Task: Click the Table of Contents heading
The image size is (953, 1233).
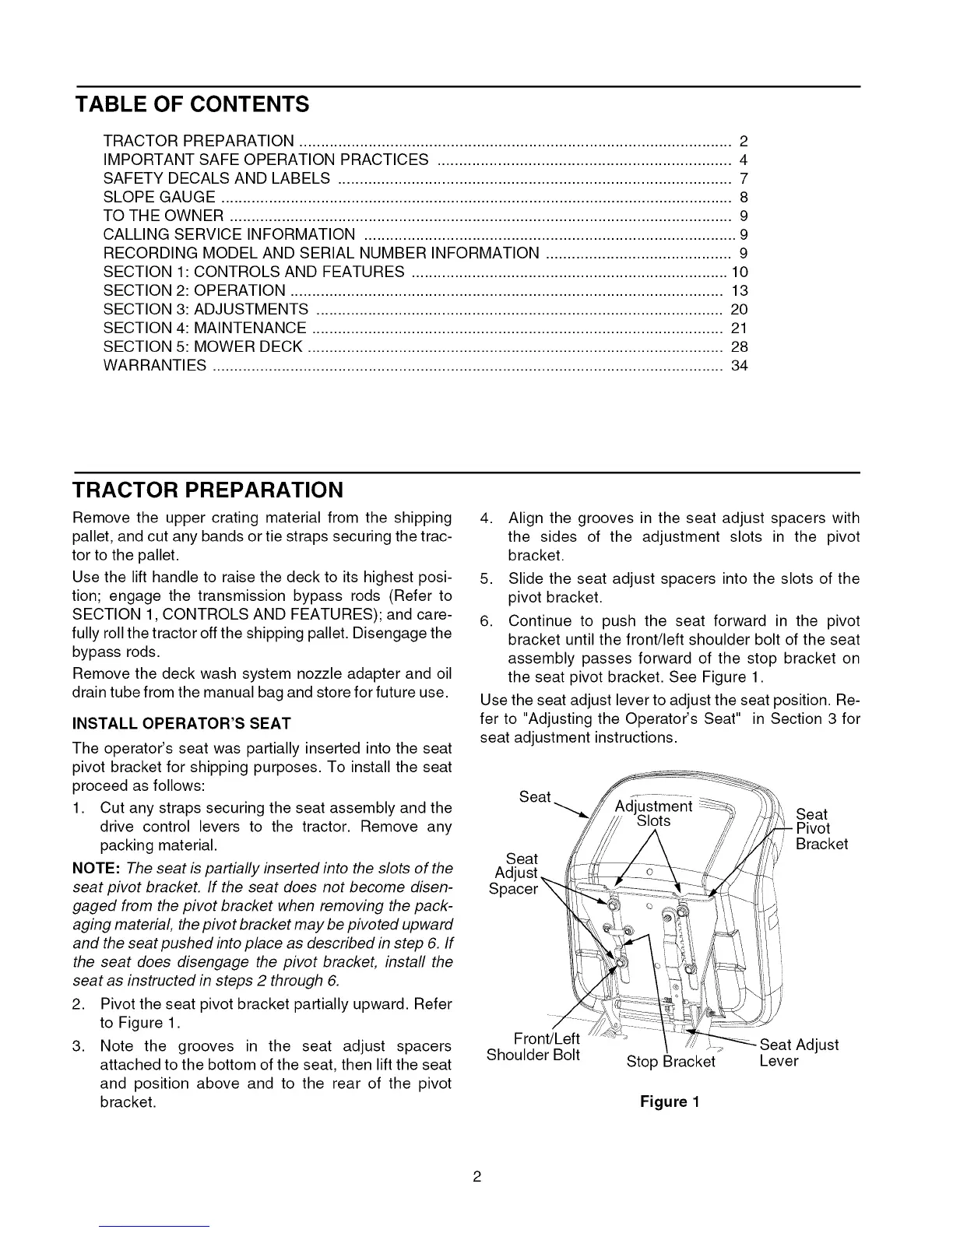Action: (192, 104)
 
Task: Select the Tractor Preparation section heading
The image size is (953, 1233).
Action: (207, 490)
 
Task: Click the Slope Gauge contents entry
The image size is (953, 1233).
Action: (160, 197)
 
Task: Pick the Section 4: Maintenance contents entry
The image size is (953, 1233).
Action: (205, 328)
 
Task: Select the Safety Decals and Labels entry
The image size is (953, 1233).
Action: (217, 178)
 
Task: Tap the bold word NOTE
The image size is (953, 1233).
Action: (95, 868)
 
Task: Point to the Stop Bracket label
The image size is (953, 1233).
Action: (670, 1062)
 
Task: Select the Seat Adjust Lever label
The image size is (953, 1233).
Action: (798, 1053)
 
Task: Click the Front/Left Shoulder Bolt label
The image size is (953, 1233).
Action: (533, 1047)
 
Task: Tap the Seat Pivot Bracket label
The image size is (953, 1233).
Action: (821, 829)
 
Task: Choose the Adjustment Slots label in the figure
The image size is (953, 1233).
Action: (653, 813)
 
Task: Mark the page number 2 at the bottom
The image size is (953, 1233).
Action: (476, 1176)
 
